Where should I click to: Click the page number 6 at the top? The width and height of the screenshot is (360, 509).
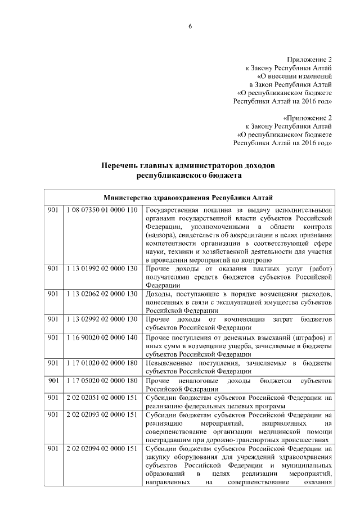(190, 28)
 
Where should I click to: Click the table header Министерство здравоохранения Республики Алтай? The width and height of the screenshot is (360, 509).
(188, 197)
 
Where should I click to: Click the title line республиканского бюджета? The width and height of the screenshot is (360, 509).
(188, 175)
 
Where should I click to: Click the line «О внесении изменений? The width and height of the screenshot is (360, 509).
(294, 76)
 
